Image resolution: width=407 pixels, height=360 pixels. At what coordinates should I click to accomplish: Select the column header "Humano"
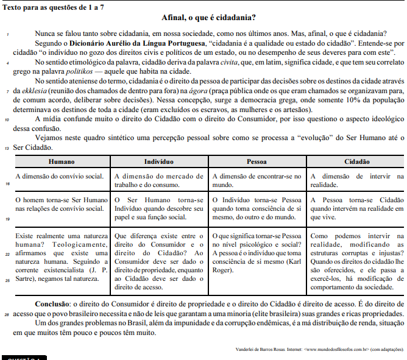(62, 162)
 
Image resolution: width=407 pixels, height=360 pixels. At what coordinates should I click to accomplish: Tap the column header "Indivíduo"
(159, 162)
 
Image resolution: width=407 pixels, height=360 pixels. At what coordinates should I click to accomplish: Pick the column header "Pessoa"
(257, 162)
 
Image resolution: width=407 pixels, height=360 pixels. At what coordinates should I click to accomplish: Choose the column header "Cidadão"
(356, 162)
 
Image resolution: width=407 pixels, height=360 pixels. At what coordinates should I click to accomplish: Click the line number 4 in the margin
(5, 63)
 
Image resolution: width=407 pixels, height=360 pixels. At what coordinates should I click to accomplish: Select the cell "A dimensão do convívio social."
(59, 177)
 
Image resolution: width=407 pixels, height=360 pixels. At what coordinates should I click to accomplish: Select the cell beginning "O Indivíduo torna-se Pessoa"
(257, 208)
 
